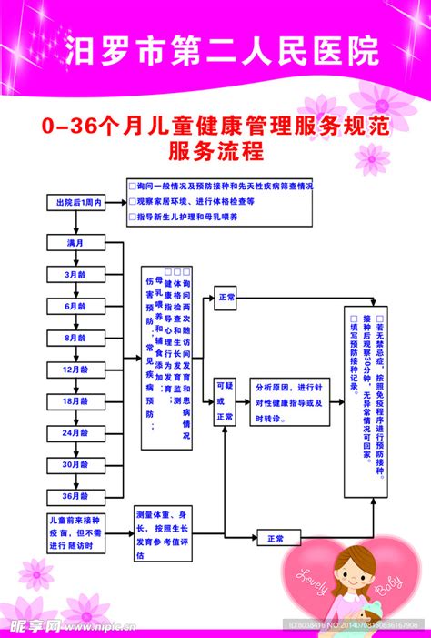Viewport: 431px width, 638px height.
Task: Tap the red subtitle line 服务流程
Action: (215, 150)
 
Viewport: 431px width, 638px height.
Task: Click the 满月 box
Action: (75, 243)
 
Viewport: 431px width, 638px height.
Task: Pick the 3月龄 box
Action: (75, 273)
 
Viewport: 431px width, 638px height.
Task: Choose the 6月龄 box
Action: (75, 306)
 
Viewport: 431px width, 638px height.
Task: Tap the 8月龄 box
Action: (75, 338)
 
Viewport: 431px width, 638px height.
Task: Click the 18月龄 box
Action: (75, 401)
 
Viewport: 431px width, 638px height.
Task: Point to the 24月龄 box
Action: (75, 433)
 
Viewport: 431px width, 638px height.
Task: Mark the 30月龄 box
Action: (75, 465)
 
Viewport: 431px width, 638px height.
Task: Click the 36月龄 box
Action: (75, 497)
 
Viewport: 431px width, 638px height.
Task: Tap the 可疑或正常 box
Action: (226, 401)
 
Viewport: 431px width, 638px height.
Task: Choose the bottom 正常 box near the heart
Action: (276, 539)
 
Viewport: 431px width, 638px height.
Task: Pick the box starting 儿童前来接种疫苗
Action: (76, 532)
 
